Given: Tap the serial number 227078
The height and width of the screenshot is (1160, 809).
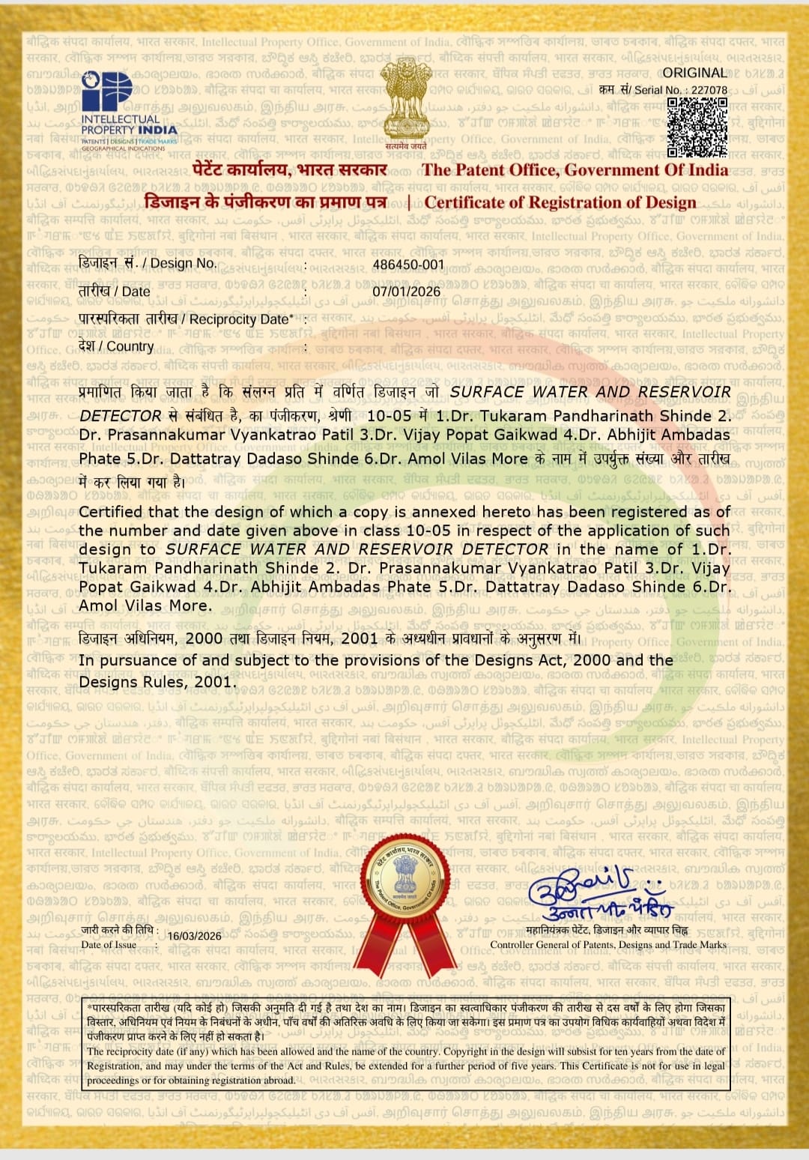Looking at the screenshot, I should point(709,90).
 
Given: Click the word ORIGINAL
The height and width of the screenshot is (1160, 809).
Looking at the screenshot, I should point(694,73).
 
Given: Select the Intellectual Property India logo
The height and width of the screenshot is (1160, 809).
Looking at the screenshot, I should point(128,111).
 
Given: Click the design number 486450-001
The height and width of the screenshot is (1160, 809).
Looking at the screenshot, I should point(408,265).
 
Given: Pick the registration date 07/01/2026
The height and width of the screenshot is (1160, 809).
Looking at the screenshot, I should point(407,291).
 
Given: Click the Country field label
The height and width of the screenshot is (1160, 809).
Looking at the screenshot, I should point(116,346).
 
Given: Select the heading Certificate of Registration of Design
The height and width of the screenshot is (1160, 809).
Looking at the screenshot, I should point(560,202).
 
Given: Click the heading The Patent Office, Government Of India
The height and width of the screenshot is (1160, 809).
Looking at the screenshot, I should point(575,170).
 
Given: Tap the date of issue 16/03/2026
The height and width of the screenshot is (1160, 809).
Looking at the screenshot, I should point(195,936).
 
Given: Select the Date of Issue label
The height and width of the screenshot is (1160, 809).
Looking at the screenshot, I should point(109,945).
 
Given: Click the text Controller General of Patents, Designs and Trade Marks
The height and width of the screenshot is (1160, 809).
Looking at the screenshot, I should point(607,945).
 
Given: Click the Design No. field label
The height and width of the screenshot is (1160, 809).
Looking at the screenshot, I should point(148,263).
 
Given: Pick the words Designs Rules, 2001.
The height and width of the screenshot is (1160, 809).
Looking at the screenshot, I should point(157,682).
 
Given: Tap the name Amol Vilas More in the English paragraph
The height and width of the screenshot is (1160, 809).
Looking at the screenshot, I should point(145,605).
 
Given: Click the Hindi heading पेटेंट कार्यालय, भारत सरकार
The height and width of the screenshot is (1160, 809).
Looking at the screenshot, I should point(289,170).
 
